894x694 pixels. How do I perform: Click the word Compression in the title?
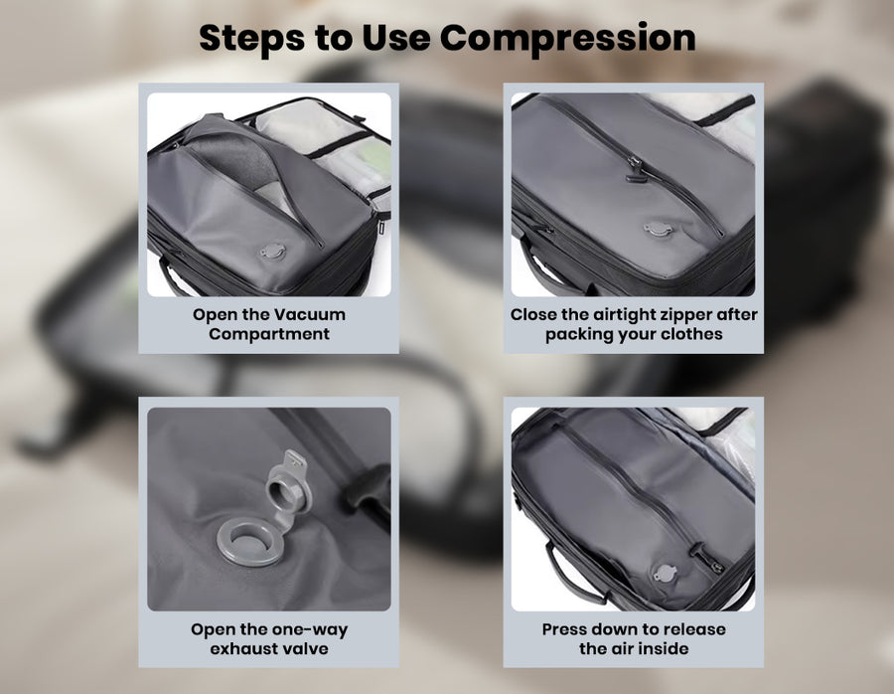tap(567, 39)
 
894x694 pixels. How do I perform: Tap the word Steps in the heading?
tap(252, 39)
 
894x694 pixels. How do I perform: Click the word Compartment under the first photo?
tap(269, 334)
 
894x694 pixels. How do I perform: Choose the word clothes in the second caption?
tap(694, 334)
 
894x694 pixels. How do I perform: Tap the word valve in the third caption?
tap(307, 649)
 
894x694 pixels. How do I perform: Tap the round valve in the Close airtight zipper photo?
tap(659, 230)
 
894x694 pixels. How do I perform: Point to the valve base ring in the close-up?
tap(249, 541)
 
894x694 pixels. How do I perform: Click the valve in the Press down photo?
tap(664, 573)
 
